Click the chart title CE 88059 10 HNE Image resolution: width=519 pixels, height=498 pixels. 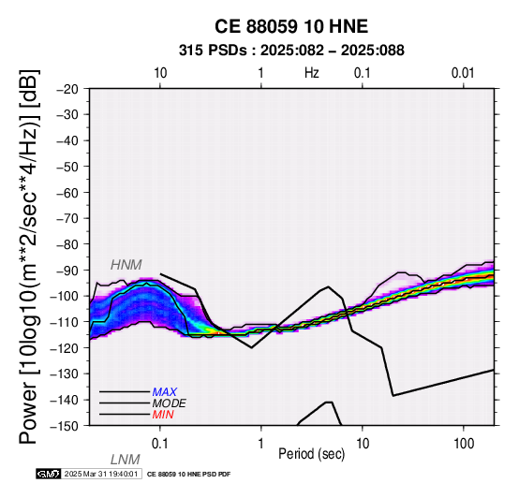pyautogui.click(x=291, y=26)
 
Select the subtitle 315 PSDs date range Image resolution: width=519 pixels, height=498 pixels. pyautogui.click(x=291, y=51)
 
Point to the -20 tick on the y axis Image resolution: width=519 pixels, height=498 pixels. pyautogui.click(x=67, y=89)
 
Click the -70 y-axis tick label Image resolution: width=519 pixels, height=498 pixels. pyautogui.click(x=67, y=219)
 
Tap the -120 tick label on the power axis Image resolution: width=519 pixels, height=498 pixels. pyautogui.click(x=65, y=348)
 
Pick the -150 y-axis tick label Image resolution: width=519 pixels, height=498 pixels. pyautogui.click(x=65, y=426)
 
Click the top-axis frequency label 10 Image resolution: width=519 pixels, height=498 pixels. pyautogui.click(x=160, y=73)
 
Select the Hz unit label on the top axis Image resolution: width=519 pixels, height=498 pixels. pyautogui.click(x=311, y=73)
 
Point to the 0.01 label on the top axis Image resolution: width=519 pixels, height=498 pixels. pyautogui.click(x=463, y=73)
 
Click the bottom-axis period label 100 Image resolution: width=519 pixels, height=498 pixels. pyautogui.click(x=464, y=444)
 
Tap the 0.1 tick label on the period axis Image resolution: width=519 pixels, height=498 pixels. pyautogui.click(x=160, y=444)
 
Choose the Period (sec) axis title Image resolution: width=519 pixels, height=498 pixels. pyautogui.click(x=311, y=454)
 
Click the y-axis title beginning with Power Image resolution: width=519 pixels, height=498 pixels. pyautogui.click(x=29, y=256)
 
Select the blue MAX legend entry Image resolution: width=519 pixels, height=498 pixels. pyautogui.click(x=164, y=392)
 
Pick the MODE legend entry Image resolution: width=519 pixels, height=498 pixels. pyautogui.click(x=170, y=403)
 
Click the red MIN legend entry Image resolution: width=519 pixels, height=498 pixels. pyautogui.click(x=163, y=415)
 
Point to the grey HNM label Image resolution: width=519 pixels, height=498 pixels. pyautogui.click(x=126, y=265)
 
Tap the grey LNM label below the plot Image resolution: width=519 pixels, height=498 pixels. pyautogui.click(x=126, y=460)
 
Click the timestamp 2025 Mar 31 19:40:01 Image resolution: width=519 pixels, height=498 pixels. pyautogui.click(x=101, y=474)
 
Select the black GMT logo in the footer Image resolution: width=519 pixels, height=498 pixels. pyautogui.click(x=49, y=474)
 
